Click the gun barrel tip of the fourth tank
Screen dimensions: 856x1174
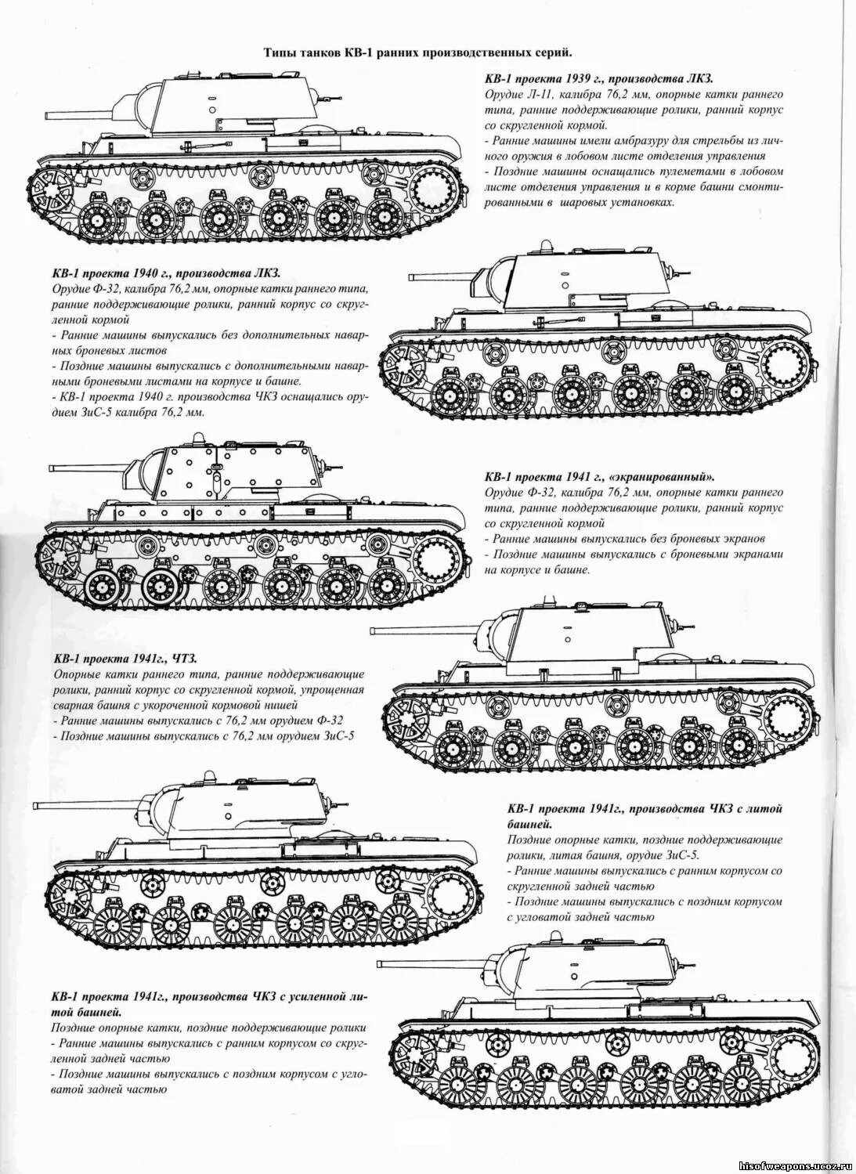point(375,630)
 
